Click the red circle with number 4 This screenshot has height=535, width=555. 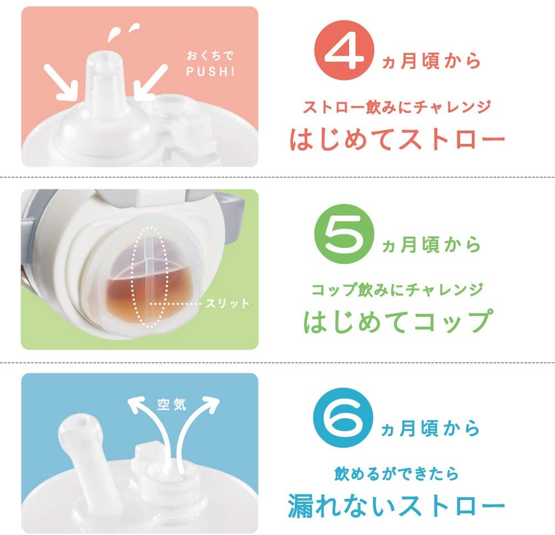(344, 50)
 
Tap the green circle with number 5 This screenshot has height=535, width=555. (344, 234)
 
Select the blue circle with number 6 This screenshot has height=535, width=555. (344, 418)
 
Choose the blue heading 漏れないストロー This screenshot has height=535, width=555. (396, 505)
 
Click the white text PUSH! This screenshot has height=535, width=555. (210, 72)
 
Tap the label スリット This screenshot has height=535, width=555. (227, 303)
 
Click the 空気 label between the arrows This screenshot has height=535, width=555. (171, 404)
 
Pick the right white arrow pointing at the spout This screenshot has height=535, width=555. (150, 81)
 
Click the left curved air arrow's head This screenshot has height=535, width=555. (137, 404)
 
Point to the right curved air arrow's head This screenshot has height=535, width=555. (210, 404)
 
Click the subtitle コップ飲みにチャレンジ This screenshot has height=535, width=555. (397, 290)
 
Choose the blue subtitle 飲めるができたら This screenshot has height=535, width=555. (396, 474)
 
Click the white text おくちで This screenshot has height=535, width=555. (210, 55)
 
